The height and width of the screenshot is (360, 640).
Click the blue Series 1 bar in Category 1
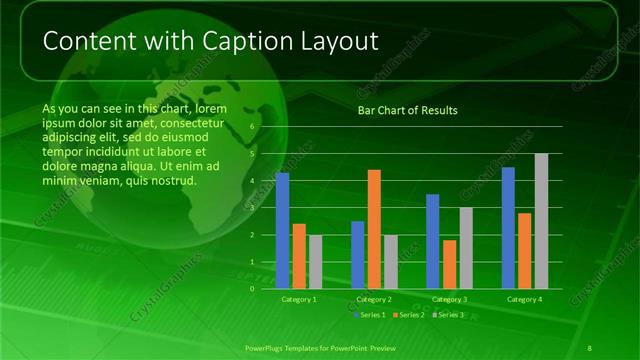(282, 231)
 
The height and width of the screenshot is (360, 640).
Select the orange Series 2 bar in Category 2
(374, 229)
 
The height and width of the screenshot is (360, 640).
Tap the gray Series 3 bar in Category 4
(541, 221)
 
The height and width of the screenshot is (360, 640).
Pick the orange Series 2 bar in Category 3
(449, 264)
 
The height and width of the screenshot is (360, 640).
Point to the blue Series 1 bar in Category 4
(508, 228)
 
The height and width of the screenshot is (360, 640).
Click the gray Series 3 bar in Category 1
(316, 262)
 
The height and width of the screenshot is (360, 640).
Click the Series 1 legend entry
(371, 315)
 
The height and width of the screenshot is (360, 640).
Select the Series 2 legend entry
(410, 315)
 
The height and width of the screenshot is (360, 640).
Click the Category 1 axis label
(299, 299)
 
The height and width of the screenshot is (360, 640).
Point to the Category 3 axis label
(449, 299)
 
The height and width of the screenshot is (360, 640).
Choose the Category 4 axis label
(524, 299)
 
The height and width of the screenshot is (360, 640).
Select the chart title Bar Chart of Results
(408, 110)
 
